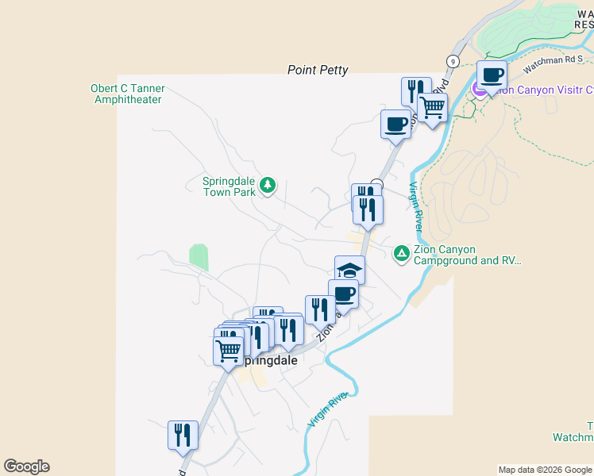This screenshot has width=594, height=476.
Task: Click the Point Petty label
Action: coord(318,71)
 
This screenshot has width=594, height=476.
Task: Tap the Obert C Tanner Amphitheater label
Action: coord(127,94)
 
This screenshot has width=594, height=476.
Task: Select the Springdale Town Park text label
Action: coord(229,186)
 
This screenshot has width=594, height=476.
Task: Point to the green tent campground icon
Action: coord(402,253)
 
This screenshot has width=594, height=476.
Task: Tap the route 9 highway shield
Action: coord(453,61)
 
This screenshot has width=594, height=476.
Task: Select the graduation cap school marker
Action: coord(349,270)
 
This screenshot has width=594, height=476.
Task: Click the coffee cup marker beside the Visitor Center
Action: coord(492,75)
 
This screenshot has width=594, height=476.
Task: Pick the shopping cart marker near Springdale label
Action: coord(229,350)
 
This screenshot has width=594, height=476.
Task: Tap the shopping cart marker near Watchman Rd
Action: coord(432,108)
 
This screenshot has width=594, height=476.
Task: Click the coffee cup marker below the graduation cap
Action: coord(343,294)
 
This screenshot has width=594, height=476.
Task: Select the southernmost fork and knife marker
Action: coord(183,435)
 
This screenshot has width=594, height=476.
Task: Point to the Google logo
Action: coord(26,466)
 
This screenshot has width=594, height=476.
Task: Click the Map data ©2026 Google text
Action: coord(545,470)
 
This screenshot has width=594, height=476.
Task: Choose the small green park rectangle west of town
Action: coord(199,257)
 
